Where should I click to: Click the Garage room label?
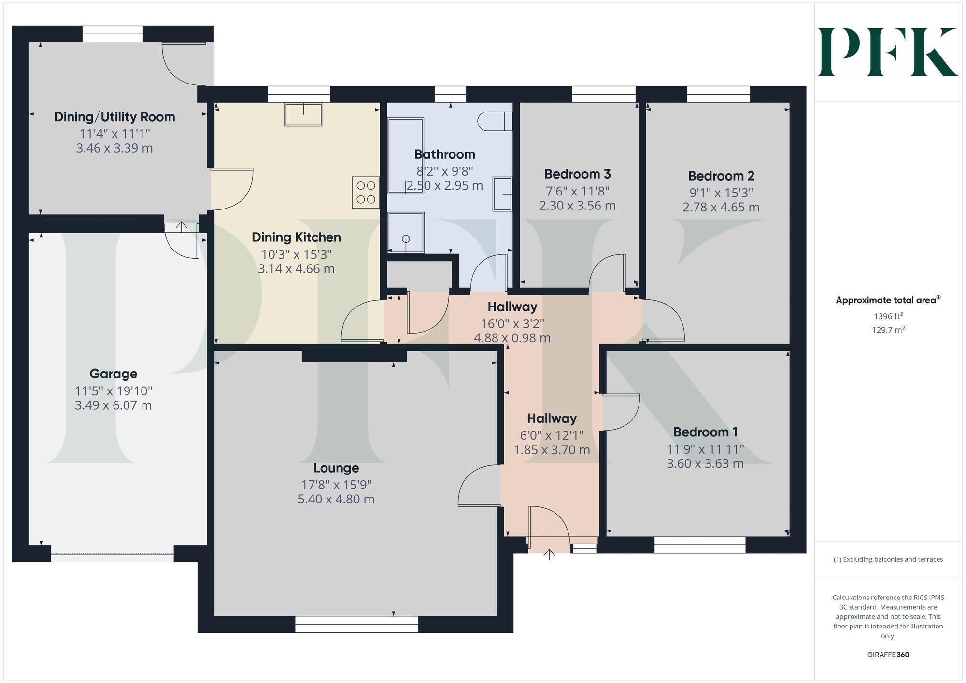(113, 374)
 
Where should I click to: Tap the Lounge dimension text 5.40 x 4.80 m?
(336, 499)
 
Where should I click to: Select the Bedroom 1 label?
(705, 432)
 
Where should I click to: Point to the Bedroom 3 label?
(577, 174)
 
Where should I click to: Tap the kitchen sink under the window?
(303, 115)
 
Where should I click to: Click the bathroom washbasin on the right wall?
(502, 194)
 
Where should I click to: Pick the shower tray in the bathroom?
(406, 233)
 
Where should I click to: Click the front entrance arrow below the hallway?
(549, 555)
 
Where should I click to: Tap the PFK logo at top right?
(888, 52)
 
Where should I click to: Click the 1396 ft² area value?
(888, 316)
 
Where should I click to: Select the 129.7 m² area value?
(888, 330)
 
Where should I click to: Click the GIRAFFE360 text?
(888, 655)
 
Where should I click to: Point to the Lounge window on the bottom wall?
(356, 624)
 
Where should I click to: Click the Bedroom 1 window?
(700, 545)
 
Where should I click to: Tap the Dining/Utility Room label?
(114, 117)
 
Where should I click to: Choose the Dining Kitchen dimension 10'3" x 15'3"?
(296, 254)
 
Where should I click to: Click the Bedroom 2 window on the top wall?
(718, 94)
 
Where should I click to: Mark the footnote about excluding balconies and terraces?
(888, 559)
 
